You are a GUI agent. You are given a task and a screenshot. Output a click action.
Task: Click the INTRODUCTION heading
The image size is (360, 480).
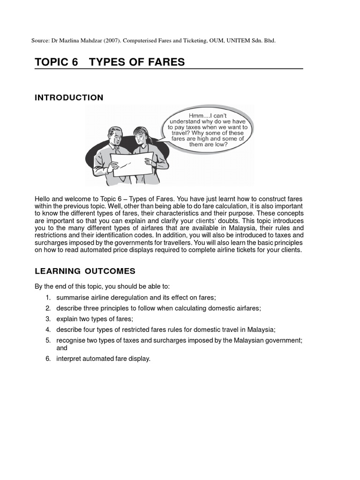tap(69, 97)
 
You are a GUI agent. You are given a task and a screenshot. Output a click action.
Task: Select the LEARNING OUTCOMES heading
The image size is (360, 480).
tap(85, 271)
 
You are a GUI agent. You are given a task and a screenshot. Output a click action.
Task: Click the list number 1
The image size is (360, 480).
tap(48, 298)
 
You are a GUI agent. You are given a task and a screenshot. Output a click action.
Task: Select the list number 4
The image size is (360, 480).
tap(48, 330)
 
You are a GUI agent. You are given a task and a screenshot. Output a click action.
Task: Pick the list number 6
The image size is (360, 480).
tap(48, 359)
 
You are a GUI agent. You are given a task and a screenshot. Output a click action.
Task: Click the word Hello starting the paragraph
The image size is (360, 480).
tap(43, 199)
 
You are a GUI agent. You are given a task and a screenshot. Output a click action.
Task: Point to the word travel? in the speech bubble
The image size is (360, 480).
tap(182, 133)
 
